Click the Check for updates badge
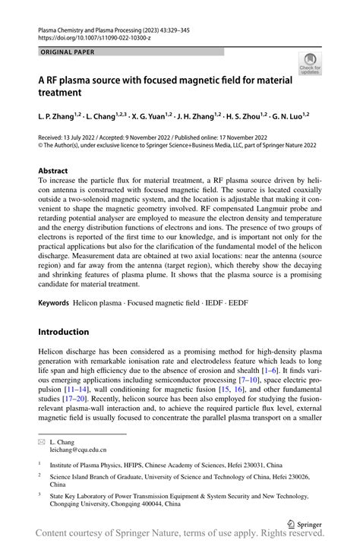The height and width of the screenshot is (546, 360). [x=309, y=65]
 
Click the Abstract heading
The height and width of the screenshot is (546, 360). [x=53, y=171]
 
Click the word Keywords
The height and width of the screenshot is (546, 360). [x=55, y=303]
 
